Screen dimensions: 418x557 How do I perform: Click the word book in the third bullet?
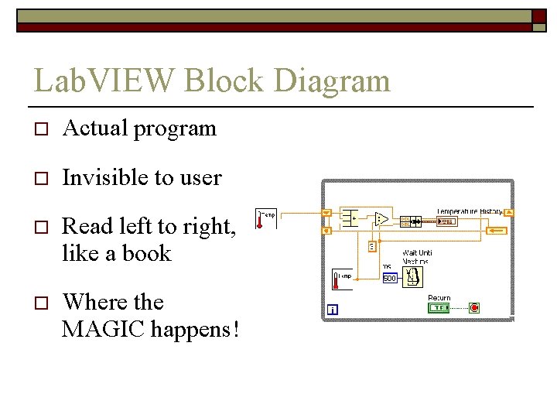[146, 253]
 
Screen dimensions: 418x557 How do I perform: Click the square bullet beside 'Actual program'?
[41, 129]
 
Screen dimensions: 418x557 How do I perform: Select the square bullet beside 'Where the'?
[41, 303]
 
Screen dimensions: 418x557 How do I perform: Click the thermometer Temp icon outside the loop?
[265, 218]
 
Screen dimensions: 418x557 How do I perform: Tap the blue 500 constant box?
[389, 279]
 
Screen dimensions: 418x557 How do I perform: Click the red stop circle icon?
[474, 307]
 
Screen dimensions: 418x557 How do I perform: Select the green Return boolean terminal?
[439, 307]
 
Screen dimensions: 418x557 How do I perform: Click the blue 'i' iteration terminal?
[333, 310]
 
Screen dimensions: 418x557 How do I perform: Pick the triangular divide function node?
[381, 219]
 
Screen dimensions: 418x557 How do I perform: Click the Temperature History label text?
[469, 211]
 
